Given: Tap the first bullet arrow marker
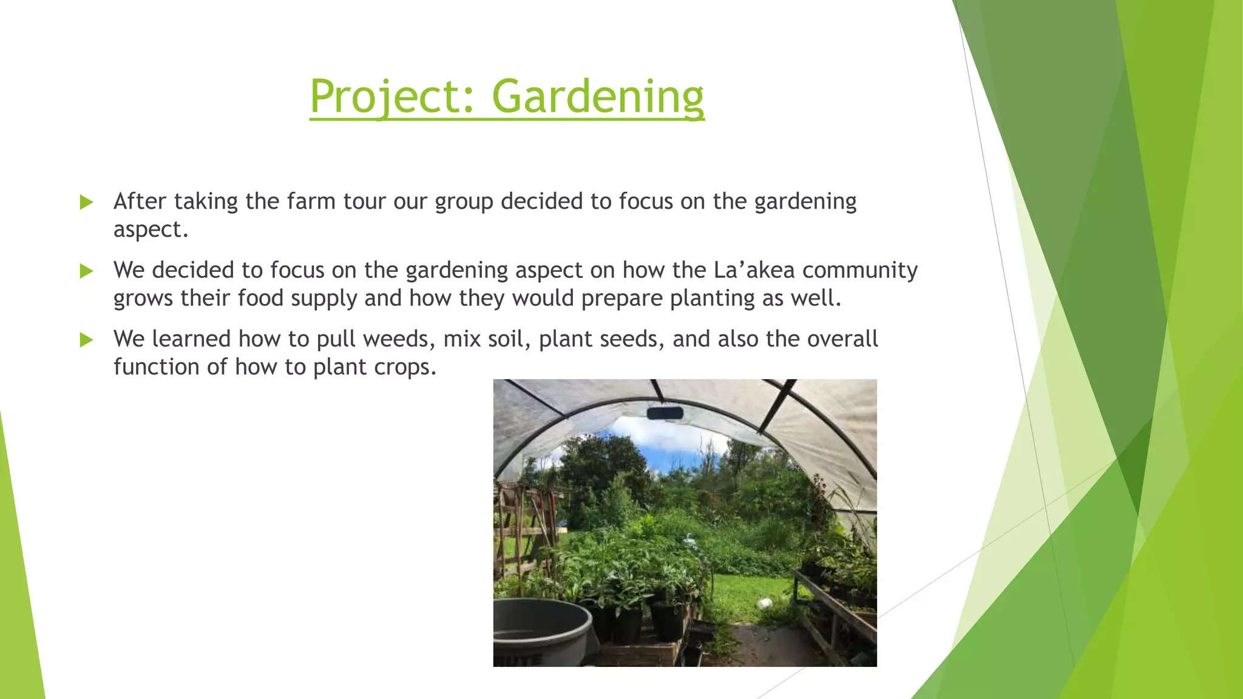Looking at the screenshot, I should point(87,202).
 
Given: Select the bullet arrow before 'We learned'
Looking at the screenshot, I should point(87,340).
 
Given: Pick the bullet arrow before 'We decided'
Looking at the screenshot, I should point(87,271).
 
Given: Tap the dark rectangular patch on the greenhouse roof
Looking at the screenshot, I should point(665,414).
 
